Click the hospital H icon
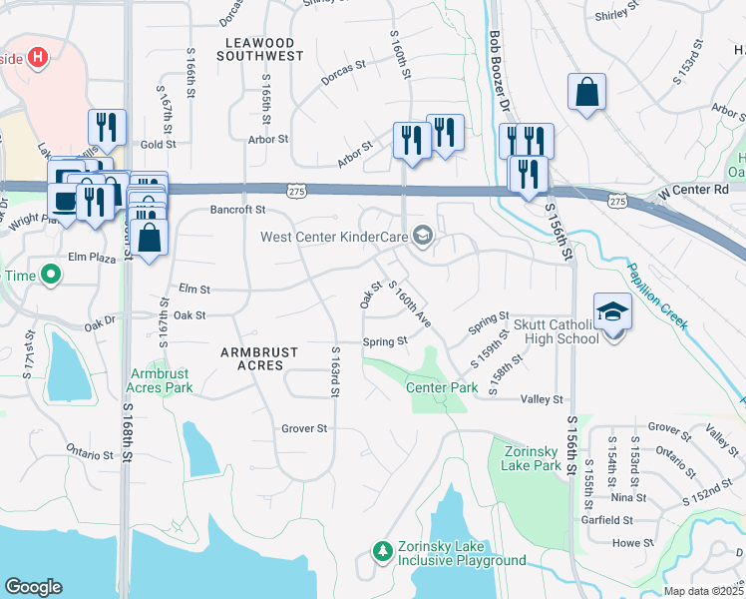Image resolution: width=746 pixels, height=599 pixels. click(39, 57)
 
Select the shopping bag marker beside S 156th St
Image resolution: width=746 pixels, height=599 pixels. click(587, 92)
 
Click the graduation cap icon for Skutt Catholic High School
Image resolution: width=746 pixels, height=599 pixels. click(612, 310)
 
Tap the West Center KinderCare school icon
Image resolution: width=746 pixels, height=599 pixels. click(423, 237)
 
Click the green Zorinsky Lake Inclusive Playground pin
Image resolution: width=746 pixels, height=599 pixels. click(381, 550)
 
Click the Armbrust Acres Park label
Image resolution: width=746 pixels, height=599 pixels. click(161, 380)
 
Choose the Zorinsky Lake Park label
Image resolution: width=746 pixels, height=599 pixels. click(526, 457)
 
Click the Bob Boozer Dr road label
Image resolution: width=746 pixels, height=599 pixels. click(500, 70)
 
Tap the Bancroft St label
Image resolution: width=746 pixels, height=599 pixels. click(237, 210)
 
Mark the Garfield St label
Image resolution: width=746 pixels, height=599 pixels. click(607, 520)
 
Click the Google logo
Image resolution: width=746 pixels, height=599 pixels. click(33, 586)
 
